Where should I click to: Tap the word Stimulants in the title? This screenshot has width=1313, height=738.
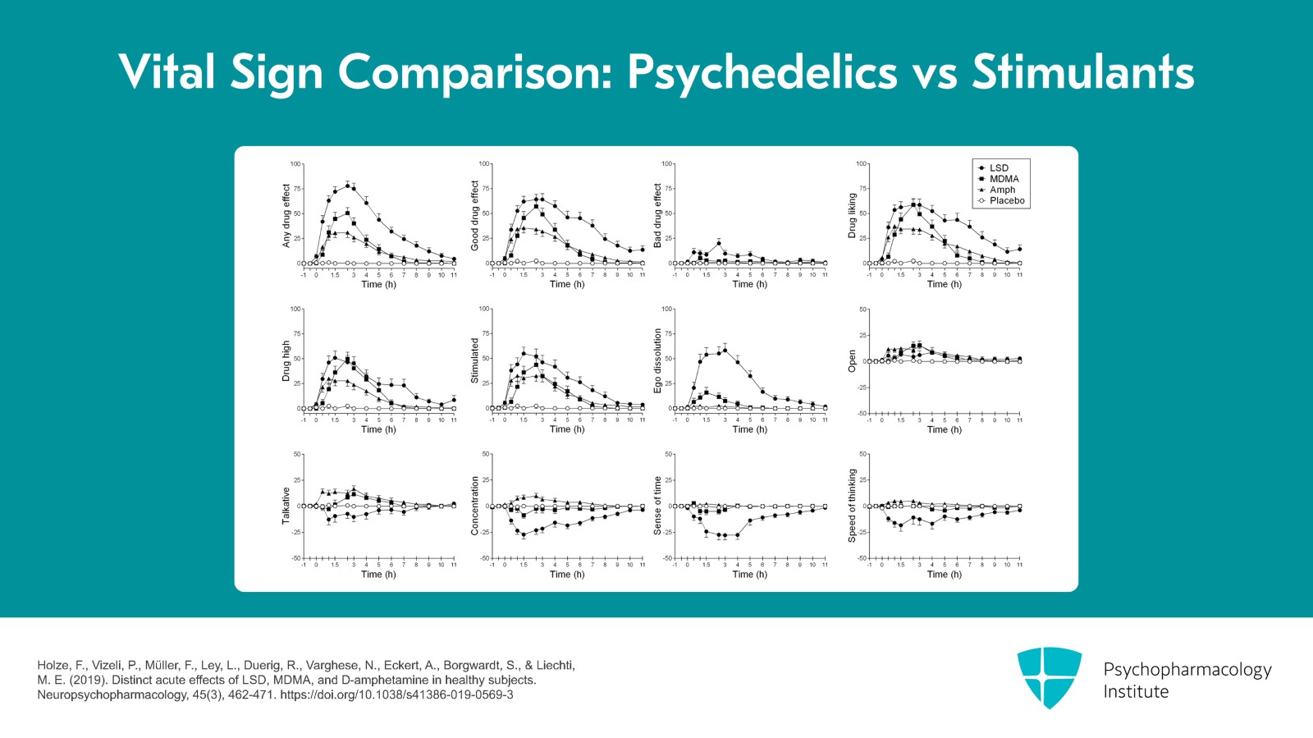1082,72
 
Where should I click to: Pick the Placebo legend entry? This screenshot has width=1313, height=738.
1006,200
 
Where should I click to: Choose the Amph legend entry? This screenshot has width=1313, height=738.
1002,190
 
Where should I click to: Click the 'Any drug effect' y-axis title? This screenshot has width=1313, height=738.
286,215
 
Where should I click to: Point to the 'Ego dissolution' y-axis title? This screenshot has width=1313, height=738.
657,360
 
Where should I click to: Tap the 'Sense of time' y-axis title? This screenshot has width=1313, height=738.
657,506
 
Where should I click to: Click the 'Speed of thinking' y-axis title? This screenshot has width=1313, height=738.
852,506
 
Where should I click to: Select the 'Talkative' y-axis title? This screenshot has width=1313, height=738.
286,506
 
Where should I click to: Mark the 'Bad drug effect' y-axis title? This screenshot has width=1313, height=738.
657,215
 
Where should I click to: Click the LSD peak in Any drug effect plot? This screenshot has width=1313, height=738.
348,186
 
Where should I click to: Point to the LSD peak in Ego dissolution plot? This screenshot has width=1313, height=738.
725,350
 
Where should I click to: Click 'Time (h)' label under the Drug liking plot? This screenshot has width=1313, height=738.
944,284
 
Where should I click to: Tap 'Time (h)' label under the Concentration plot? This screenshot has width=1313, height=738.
567,575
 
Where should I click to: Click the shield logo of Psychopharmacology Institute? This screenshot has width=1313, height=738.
1049,676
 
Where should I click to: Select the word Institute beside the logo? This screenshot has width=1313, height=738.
1135,692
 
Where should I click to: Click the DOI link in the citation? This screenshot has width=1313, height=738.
396,694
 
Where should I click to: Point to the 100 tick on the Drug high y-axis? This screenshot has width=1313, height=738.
296,309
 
